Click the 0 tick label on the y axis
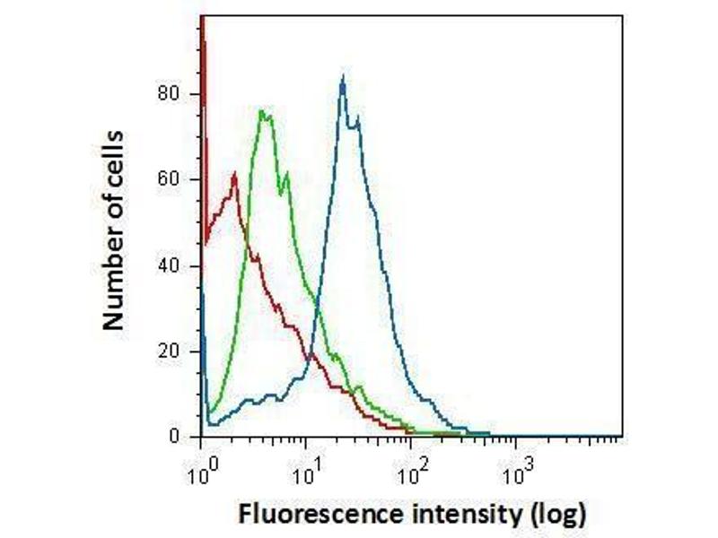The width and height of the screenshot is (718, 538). click(x=176, y=437)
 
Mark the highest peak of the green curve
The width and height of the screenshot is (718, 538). click(x=261, y=111)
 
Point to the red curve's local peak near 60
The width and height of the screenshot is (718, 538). click(x=234, y=173)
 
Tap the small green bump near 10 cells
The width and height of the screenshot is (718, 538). click(x=359, y=386)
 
